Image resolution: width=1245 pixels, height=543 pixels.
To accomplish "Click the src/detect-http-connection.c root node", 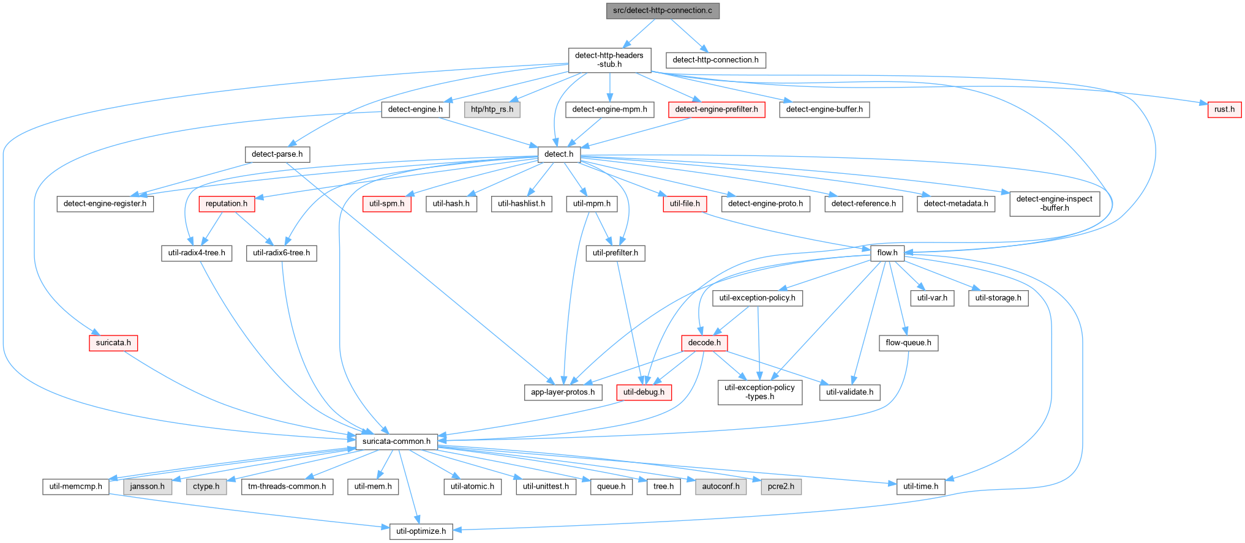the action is [663, 11].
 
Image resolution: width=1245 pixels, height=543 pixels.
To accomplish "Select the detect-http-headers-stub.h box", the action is [609, 60].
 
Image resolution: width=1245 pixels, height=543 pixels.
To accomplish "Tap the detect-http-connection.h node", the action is [715, 60].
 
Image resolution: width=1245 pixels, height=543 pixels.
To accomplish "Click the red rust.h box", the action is [1225, 110].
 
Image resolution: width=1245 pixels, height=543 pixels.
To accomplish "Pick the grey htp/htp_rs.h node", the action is [492, 110].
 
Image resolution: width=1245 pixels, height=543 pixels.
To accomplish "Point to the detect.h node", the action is [559, 154].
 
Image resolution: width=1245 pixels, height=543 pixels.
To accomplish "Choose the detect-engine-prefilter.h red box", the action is [717, 110].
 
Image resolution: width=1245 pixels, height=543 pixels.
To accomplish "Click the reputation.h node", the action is [227, 204].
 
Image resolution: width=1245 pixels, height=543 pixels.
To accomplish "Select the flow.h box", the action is [887, 253].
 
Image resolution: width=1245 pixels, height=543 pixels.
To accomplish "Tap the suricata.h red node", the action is [113, 343].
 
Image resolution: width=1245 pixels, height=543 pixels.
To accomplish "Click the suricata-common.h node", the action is [396, 441].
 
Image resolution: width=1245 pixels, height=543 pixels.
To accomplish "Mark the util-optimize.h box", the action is [421, 531].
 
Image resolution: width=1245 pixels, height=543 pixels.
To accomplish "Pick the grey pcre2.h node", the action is [781, 487].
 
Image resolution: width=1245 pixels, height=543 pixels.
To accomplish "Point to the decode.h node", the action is [704, 343].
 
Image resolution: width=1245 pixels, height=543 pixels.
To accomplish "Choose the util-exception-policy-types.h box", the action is [759, 392].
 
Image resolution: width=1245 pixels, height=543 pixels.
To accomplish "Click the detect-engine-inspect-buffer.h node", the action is [1055, 203].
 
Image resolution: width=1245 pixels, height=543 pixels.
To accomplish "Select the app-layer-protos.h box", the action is [563, 392].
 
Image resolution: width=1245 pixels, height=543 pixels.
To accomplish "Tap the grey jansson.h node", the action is [148, 487].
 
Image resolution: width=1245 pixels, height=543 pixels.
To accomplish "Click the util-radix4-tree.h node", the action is [197, 253].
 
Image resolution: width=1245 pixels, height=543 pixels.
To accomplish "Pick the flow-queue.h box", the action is [908, 343].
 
